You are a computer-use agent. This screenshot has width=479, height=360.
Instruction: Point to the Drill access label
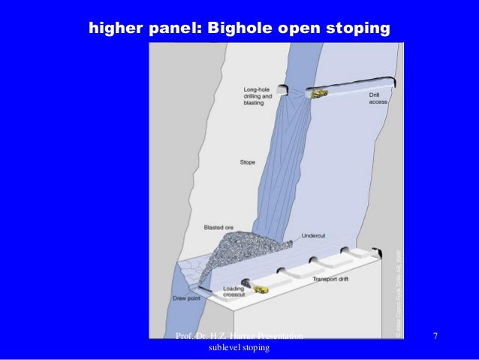point(378,99)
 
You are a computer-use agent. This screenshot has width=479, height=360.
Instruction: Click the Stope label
point(248,162)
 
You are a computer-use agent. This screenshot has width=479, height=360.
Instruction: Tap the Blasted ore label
point(217,225)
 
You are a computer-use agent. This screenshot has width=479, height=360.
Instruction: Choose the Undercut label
point(312,235)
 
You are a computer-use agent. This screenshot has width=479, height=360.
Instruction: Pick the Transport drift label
point(330,280)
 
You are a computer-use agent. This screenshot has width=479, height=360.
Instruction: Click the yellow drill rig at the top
point(321,94)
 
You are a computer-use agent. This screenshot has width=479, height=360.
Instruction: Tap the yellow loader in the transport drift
point(261,289)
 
